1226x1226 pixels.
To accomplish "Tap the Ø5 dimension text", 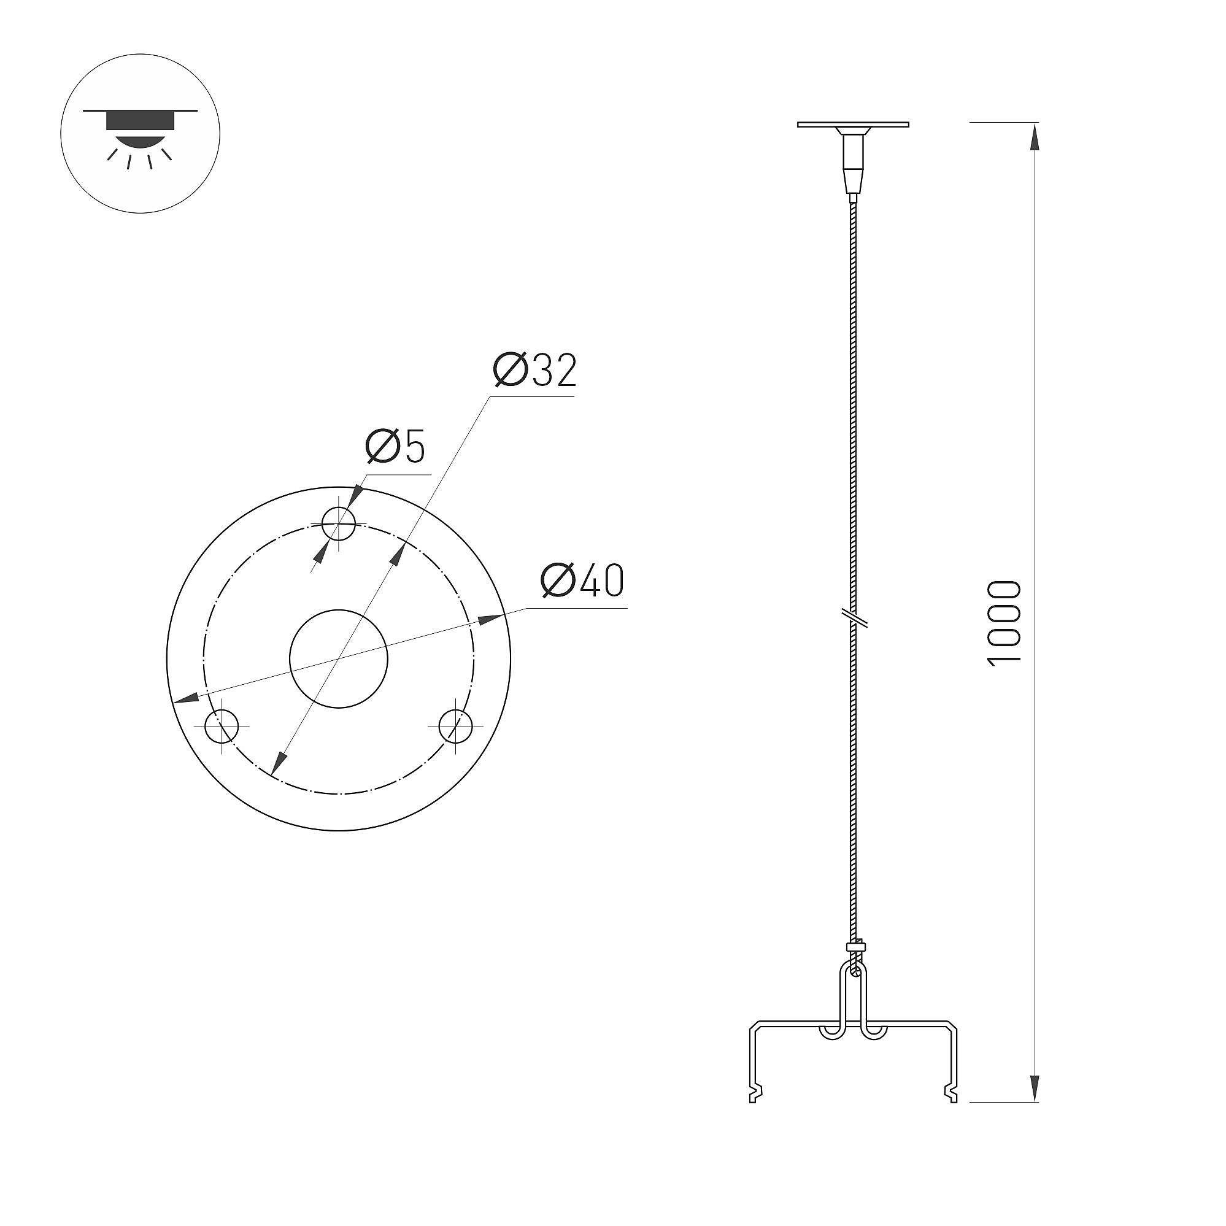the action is click(x=395, y=446).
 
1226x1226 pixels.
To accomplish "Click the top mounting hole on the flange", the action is click(x=338, y=525).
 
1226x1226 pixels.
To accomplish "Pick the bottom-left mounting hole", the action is click(x=222, y=726).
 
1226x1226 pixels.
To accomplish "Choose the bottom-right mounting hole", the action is click(x=456, y=726).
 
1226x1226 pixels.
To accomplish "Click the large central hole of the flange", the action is click(x=338, y=658).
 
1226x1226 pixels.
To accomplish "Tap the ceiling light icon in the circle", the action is click(x=141, y=133).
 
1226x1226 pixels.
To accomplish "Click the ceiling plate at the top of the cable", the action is click(x=853, y=125).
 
